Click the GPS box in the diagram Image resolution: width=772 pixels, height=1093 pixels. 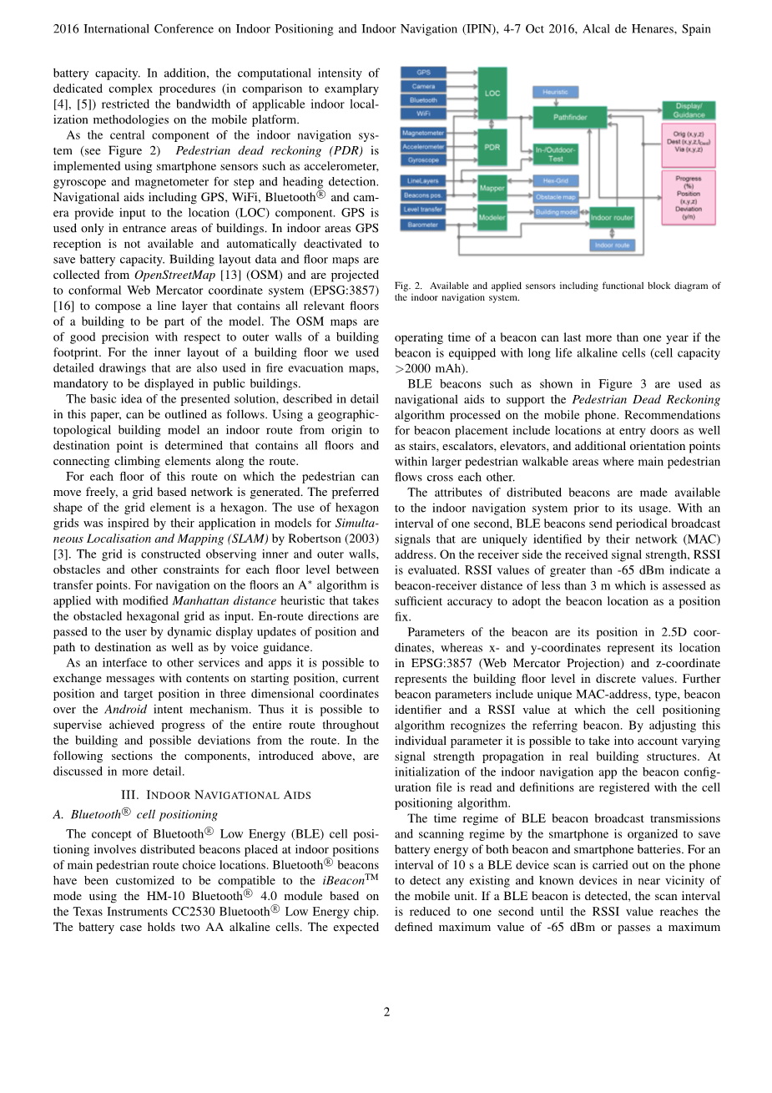click(x=423, y=73)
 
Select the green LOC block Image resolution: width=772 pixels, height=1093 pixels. click(x=492, y=93)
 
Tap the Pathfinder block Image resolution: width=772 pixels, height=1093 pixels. click(x=570, y=117)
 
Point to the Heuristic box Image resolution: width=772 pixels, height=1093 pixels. click(x=555, y=92)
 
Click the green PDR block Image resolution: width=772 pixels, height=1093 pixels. click(x=492, y=147)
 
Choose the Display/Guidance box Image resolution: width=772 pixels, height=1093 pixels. click(x=689, y=110)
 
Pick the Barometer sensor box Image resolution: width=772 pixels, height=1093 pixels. click(x=423, y=225)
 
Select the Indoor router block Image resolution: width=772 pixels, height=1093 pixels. click(x=612, y=217)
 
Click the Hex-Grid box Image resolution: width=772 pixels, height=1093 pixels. click(x=555, y=180)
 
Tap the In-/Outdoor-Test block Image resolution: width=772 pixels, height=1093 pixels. click(x=555, y=154)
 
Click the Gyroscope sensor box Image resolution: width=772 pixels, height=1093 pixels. click(x=423, y=159)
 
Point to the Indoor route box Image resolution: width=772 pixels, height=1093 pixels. click(x=612, y=245)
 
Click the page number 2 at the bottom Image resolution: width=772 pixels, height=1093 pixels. click(x=386, y=1012)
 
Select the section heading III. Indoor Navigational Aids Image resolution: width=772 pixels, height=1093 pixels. click(x=215, y=794)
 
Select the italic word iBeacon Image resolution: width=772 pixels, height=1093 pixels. click(x=344, y=881)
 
